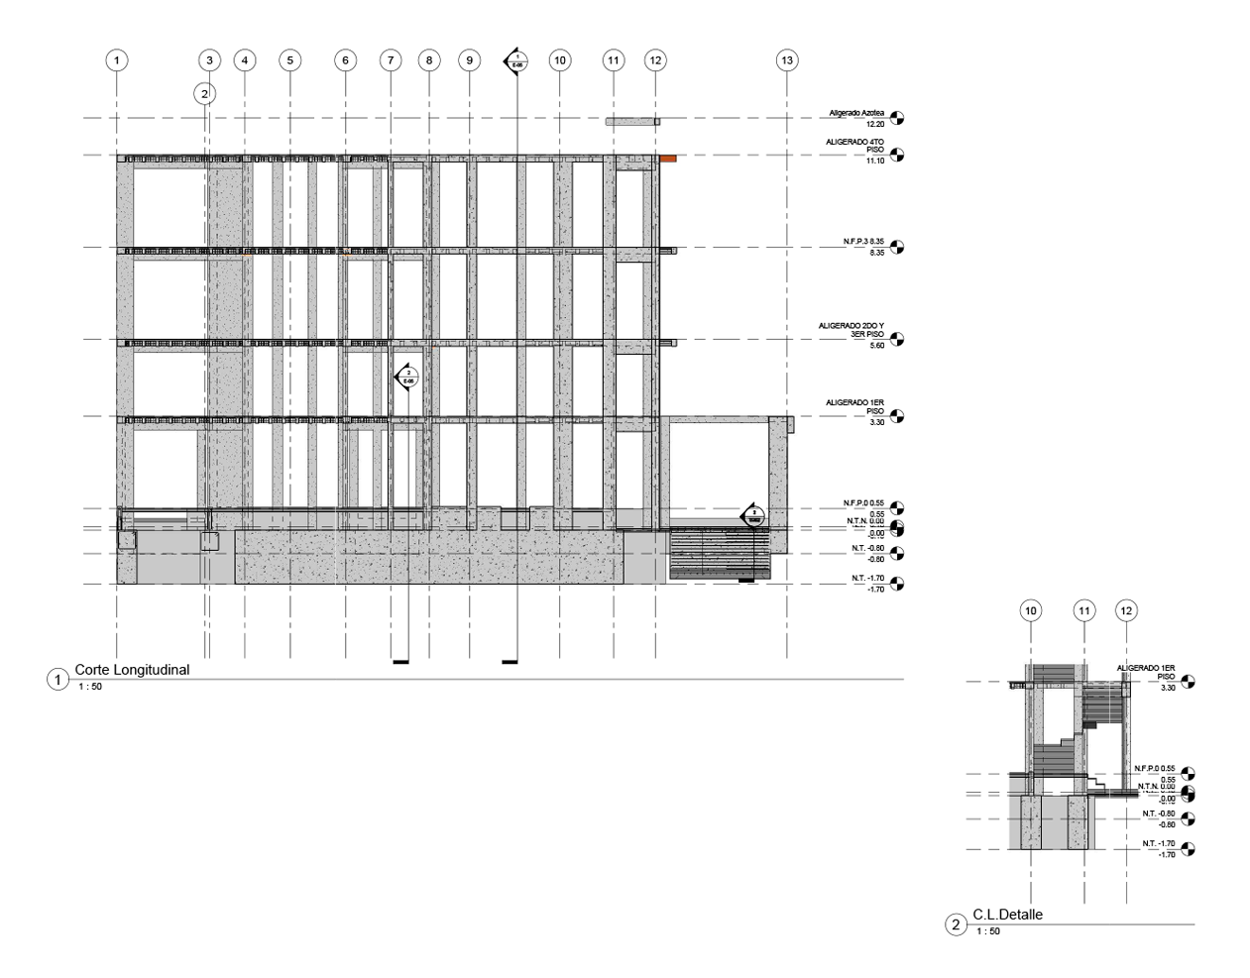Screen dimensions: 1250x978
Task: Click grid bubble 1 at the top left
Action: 117,60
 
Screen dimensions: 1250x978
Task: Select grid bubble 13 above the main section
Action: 787,60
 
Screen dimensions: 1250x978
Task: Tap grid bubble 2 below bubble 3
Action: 204,94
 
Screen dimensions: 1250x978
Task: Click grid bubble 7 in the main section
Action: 391,60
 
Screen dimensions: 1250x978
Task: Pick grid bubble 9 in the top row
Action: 470,60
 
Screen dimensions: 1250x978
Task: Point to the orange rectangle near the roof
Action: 668,158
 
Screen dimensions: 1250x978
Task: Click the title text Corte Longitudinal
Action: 131,670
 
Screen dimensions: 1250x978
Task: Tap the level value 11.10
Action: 874,161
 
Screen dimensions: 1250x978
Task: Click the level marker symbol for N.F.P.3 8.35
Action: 897,247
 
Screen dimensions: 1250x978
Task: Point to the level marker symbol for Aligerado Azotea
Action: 897,119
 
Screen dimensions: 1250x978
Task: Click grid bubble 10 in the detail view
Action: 1032,611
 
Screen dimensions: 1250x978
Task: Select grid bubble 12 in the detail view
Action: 1125,611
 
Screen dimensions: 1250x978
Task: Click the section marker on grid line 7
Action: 407,377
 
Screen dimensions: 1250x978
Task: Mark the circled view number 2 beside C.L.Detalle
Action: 956,925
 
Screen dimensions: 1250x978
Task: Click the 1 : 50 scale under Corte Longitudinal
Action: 89,686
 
